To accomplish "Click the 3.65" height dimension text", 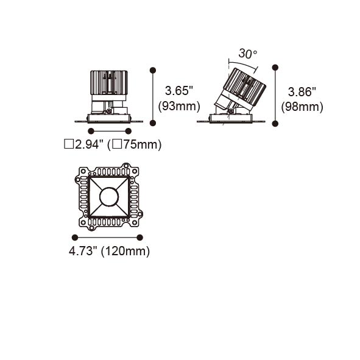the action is (179, 91).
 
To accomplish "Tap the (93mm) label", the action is (179, 107).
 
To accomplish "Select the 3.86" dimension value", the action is (302, 92).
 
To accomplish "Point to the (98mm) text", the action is (302, 107).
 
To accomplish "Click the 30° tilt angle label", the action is (248, 54).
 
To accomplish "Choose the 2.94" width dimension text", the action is (88, 144).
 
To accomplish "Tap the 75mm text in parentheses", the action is (140, 144).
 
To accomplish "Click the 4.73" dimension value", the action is (82, 251).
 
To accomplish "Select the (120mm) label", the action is (125, 251).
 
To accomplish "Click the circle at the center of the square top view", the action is (109, 197).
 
